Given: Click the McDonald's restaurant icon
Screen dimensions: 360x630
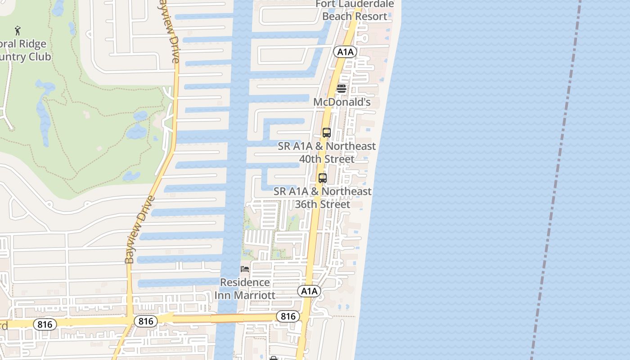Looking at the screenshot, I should pos(342,89).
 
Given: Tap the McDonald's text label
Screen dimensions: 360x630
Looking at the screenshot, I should pos(342,102).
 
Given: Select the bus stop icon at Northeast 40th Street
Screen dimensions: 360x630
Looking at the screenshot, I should pos(327,133).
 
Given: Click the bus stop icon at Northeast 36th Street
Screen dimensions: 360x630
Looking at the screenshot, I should pos(322,178).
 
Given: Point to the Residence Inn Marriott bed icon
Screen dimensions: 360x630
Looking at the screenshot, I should pos(245,269).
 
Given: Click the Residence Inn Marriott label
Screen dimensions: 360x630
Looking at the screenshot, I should pos(245,289).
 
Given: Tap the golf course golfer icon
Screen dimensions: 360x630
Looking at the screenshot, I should pos(18,31).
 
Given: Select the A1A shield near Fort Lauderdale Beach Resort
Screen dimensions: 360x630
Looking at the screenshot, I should pos(345,52).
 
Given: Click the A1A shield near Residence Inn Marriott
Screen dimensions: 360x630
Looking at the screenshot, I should pos(309,291).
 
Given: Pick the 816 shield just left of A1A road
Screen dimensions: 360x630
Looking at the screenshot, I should pos(288,316).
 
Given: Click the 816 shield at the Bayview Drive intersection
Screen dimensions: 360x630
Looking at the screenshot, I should pos(146,321).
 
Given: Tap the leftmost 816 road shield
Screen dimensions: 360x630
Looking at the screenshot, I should pos(45,324).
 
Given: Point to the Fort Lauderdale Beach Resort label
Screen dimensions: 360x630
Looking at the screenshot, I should pos(355,10).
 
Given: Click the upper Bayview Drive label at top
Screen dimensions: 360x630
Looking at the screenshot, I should pos(170,31).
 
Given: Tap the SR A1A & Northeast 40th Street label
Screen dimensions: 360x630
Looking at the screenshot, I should pos(327,153).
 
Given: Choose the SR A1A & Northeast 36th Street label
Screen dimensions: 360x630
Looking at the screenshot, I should pos(323,198).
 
